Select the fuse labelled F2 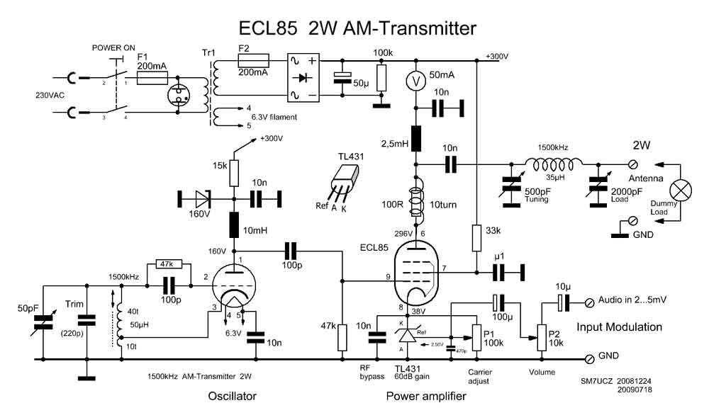(x=253, y=60)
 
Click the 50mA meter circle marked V (x=415, y=81)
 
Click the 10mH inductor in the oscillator (x=233, y=225)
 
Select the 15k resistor (x=233, y=171)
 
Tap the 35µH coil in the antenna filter (x=553, y=165)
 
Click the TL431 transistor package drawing (x=344, y=177)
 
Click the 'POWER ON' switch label (x=114, y=48)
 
